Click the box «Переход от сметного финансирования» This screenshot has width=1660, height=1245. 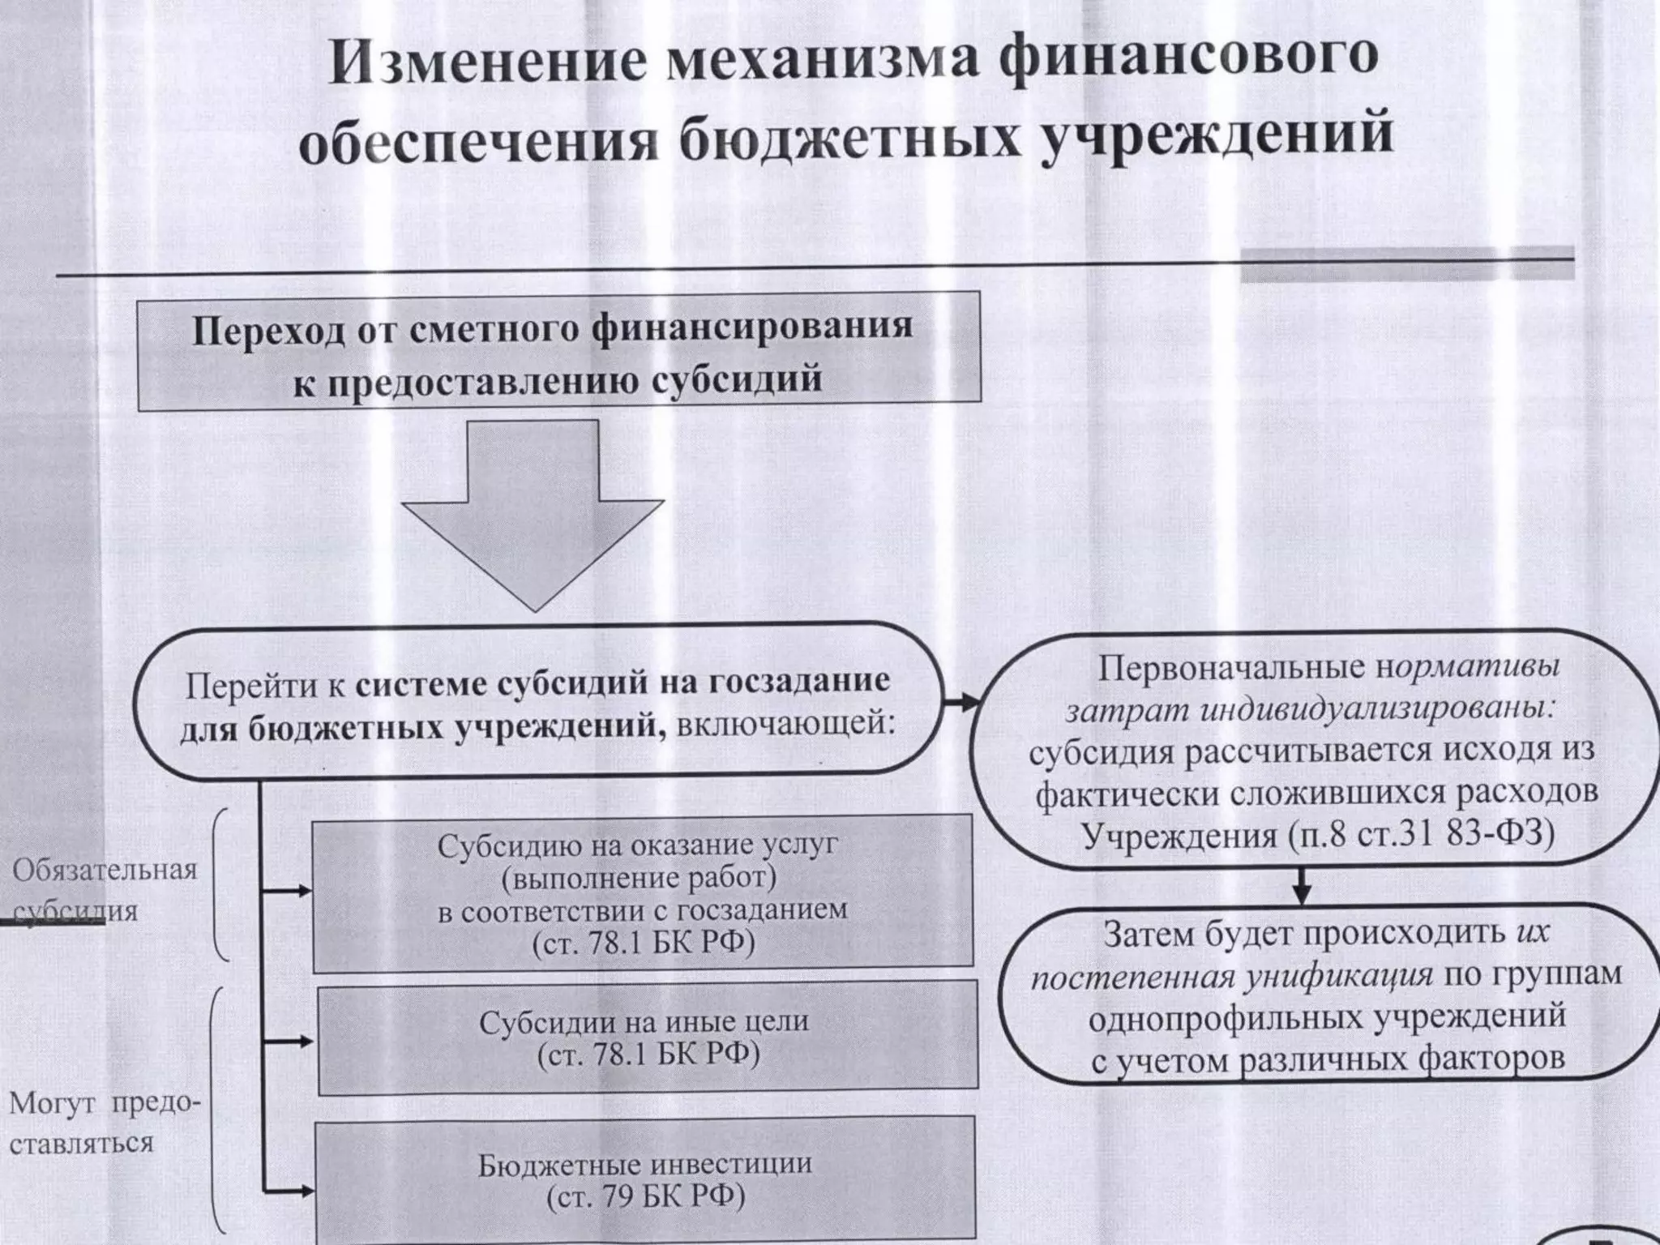coord(558,351)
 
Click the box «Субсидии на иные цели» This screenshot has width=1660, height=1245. coord(647,1038)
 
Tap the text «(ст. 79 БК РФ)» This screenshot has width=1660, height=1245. coord(646,1197)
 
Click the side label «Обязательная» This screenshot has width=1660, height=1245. coord(105,871)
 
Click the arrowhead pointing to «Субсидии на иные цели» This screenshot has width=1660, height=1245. coord(306,1041)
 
